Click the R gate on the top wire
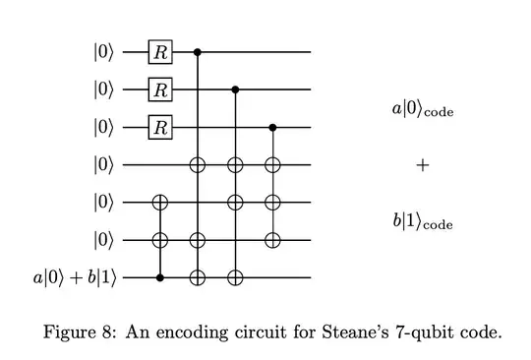coord(156,51)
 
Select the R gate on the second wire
coord(156,90)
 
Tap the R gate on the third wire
coord(156,127)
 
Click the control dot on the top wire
coord(198,51)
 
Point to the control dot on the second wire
coord(235,90)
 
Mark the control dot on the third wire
coord(272,127)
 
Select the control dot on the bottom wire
coord(161,277)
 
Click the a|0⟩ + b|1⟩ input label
coord(74,277)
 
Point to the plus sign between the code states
coord(423,165)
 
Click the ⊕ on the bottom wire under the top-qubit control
coord(198,277)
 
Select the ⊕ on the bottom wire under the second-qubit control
coord(235,277)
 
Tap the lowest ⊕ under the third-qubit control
coord(272,240)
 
